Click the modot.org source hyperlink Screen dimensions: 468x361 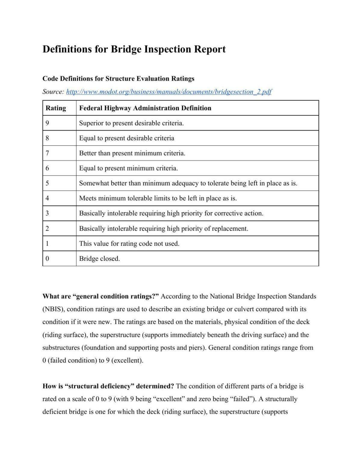(x=168, y=92)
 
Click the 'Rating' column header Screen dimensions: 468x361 (x=56, y=108)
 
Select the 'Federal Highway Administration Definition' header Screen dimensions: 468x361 (x=145, y=108)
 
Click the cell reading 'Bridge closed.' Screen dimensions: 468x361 (x=99, y=259)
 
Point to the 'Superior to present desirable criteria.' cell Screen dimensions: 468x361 (x=131, y=123)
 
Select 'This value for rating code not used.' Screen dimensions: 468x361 (x=129, y=244)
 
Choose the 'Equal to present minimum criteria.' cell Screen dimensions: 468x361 (x=128, y=168)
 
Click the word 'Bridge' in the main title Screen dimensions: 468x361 (x=126, y=49)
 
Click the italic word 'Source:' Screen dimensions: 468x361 (x=53, y=92)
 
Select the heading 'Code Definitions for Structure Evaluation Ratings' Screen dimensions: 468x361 (x=118, y=79)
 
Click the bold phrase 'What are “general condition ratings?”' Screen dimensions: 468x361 (x=100, y=296)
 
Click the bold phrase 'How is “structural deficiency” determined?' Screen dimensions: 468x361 (x=108, y=386)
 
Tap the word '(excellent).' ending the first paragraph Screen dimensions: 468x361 (x=127, y=360)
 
